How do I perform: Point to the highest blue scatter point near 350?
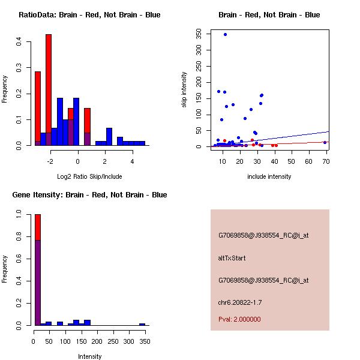coord(225,35)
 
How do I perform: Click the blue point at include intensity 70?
coord(325,142)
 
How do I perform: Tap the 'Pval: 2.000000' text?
coord(239,319)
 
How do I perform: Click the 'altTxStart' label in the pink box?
coord(232,258)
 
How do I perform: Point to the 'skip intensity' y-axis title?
coord(184,90)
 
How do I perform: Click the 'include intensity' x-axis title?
coord(269,176)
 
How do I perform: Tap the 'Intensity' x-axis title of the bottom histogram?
coord(90,356)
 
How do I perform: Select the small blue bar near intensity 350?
coord(142,324)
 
